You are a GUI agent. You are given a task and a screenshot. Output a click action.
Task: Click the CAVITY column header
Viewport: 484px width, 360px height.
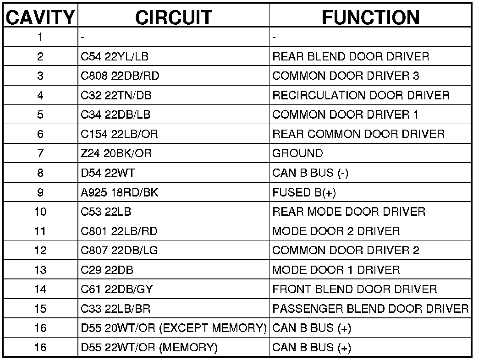[x=40, y=17]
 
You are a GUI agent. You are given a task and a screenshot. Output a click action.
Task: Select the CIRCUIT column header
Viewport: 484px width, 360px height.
[x=174, y=17]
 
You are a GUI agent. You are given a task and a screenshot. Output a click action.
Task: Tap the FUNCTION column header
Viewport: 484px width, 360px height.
[x=370, y=17]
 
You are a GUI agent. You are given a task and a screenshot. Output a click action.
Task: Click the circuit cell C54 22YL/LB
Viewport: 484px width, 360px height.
[x=115, y=57]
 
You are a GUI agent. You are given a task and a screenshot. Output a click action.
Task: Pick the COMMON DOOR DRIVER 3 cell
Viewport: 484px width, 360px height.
[x=346, y=76]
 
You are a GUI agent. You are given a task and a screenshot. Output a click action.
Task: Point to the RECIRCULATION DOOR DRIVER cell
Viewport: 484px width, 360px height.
[x=361, y=95]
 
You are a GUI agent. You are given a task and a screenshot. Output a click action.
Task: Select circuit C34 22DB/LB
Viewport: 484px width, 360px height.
[x=115, y=115]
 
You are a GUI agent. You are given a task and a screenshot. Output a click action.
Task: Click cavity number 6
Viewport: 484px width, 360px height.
[x=40, y=134]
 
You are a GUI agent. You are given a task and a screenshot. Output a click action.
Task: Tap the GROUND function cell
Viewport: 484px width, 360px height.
[x=297, y=153]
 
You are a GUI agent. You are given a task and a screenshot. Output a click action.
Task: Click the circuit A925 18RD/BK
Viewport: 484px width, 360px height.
[x=120, y=192]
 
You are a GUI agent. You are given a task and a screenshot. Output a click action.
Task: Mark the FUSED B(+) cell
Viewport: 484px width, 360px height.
[x=304, y=192]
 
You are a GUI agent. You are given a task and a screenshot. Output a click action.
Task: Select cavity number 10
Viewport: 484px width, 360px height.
[x=40, y=212]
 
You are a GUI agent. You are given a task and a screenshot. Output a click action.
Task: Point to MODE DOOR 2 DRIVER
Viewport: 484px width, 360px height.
[x=336, y=231]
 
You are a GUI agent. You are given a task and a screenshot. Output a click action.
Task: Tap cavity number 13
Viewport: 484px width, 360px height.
[x=40, y=270]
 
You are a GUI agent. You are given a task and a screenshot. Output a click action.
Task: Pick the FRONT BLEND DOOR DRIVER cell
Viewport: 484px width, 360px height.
[x=354, y=289]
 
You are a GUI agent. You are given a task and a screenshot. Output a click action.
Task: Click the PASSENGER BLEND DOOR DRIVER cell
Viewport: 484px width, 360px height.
[x=370, y=309]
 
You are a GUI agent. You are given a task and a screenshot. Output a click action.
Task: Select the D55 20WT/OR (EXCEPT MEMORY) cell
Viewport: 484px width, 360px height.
[x=174, y=328]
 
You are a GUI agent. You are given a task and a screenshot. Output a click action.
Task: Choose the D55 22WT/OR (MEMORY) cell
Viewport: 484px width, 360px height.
[x=149, y=348]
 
